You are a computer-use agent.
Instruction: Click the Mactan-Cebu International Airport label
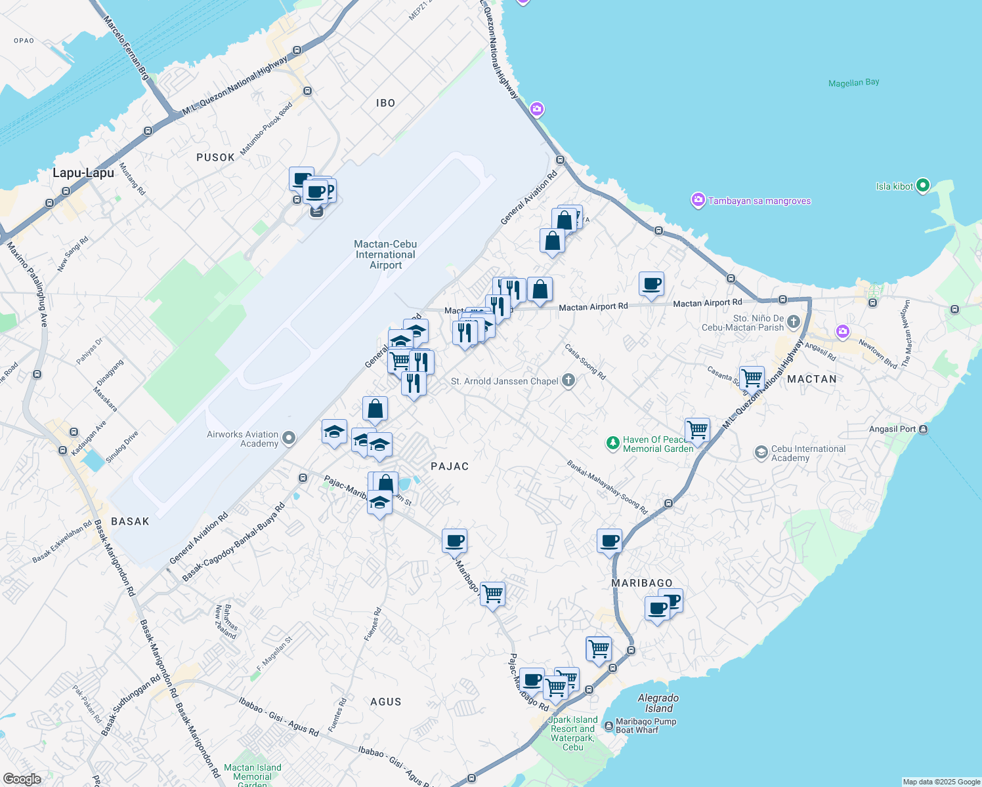pyautogui.click(x=385, y=254)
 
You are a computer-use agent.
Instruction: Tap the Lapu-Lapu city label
pyautogui.click(x=83, y=173)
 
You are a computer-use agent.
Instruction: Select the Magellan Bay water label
pyautogui.click(x=853, y=83)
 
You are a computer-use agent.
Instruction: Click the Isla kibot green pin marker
pyautogui.click(x=922, y=186)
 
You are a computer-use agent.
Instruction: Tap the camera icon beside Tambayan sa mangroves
pyautogui.click(x=698, y=200)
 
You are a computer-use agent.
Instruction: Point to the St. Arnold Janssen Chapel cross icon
pyautogui.click(x=568, y=380)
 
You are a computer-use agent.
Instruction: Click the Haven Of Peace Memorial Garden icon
pyautogui.click(x=612, y=444)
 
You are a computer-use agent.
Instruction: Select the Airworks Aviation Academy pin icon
pyautogui.click(x=288, y=438)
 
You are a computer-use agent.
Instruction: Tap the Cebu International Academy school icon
pyautogui.click(x=761, y=453)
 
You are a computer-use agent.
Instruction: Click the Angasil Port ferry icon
pyautogui.click(x=924, y=429)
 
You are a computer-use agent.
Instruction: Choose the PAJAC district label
pyautogui.click(x=450, y=466)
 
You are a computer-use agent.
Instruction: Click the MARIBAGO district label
pyautogui.click(x=642, y=583)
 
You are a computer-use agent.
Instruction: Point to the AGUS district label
pyautogui.click(x=385, y=702)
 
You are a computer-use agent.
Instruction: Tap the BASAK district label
pyautogui.click(x=130, y=521)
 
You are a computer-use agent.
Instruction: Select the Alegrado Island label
pyautogui.click(x=658, y=703)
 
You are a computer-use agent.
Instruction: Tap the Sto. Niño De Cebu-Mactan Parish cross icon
pyautogui.click(x=794, y=321)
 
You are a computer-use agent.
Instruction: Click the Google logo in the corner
pyautogui.click(x=22, y=778)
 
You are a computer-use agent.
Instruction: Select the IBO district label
pyautogui.click(x=385, y=103)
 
